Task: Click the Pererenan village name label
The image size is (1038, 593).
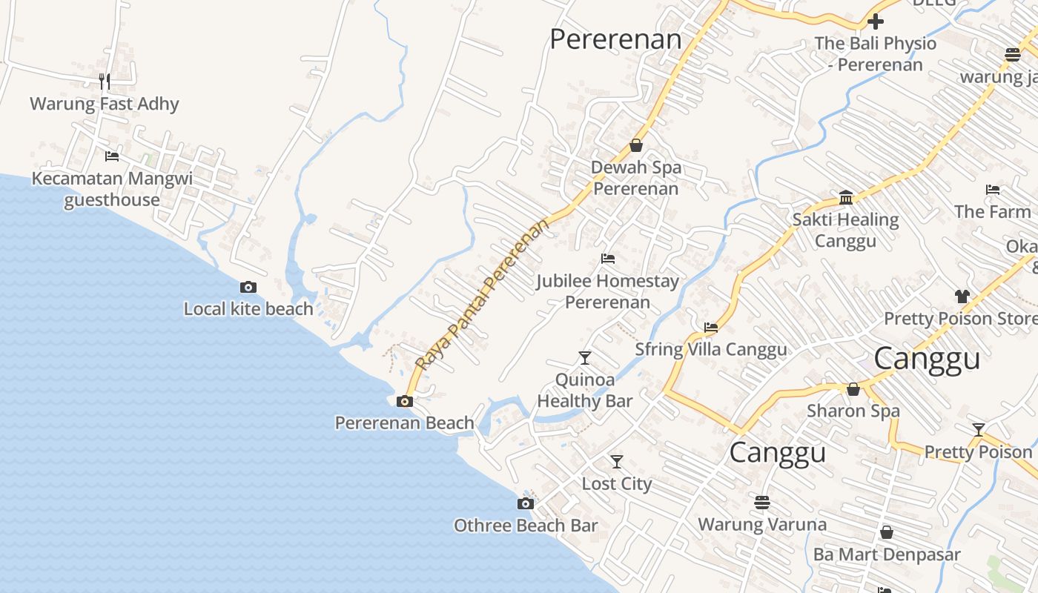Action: click(x=615, y=39)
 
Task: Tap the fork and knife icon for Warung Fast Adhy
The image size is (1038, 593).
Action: click(x=105, y=81)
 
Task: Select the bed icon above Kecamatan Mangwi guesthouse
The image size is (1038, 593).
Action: click(x=112, y=156)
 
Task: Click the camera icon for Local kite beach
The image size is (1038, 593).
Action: click(x=248, y=287)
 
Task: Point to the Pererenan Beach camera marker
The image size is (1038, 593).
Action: click(x=405, y=401)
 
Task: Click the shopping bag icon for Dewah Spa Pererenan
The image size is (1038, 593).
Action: click(x=635, y=145)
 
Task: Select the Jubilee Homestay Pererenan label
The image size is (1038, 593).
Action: click(x=607, y=291)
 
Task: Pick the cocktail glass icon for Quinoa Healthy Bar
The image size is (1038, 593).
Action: click(x=585, y=358)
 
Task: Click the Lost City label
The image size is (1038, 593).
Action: click(x=616, y=484)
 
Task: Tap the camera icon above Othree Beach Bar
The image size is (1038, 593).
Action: click(x=526, y=504)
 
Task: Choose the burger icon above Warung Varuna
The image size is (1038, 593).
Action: click(x=762, y=503)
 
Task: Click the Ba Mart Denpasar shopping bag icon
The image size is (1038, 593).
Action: click(x=886, y=532)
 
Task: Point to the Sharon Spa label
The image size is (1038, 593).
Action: click(x=853, y=411)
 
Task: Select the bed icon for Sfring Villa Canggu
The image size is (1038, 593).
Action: click(x=711, y=327)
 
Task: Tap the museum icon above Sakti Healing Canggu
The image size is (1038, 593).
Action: click(x=846, y=197)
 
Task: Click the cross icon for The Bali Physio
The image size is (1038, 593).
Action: click(x=876, y=21)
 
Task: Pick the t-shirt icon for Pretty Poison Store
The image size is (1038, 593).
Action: click(x=962, y=296)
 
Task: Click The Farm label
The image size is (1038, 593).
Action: click(x=992, y=211)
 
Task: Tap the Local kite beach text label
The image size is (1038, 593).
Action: click(x=248, y=309)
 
